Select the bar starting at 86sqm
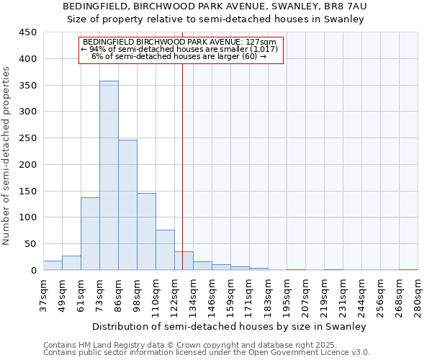[127, 204]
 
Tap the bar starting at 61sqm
[90, 233]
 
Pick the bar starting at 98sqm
[146, 231]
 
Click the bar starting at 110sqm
[165, 250]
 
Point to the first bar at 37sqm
[53, 265]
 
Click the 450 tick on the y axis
[28, 32]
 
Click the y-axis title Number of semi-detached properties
[7, 156]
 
